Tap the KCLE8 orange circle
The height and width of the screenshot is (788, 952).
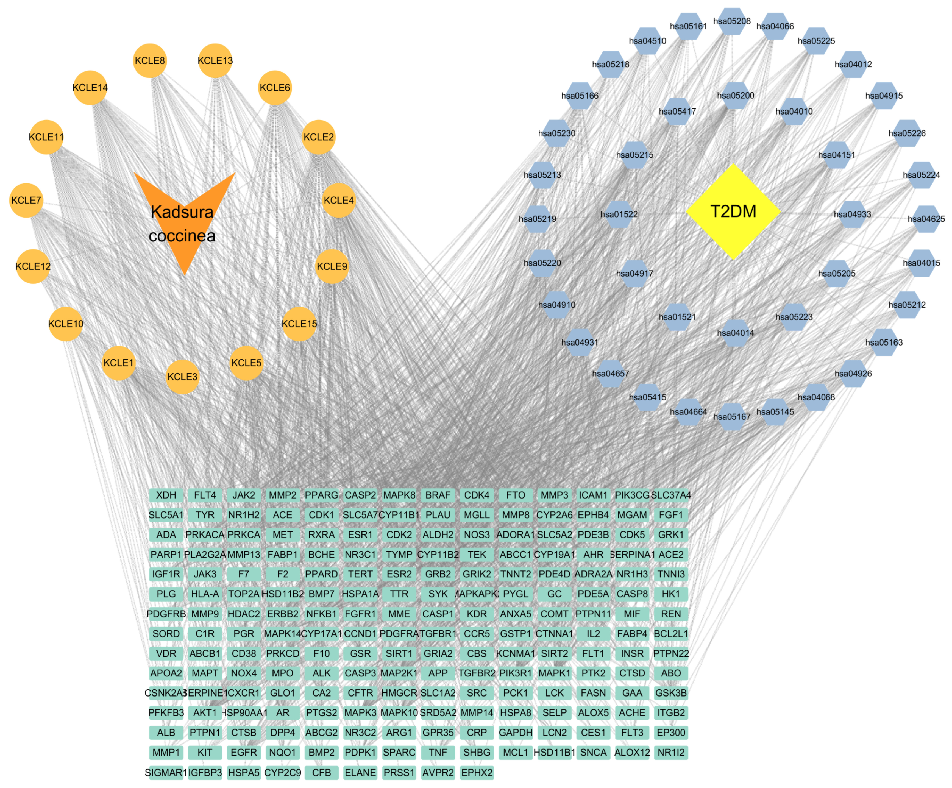pyautogui.click(x=150, y=61)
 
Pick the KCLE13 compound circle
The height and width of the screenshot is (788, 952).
pyautogui.click(x=215, y=61)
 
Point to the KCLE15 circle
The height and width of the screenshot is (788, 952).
pyautogui.click(x=299, y=324)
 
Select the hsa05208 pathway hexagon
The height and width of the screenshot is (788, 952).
pyautogui.click(x=732, y=21)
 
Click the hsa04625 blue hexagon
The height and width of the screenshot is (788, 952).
pyautogui.click(x=926, y=219)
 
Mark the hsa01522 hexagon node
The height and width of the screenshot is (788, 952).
pyautogui.click(x=619, y=214)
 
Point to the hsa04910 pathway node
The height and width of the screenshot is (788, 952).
pyautogui.click(x=557, y=305)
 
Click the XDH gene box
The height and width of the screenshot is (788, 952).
pyautogui.click(x=166, y=495)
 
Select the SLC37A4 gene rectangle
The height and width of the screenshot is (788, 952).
pyautogui.click(x=671, y=495)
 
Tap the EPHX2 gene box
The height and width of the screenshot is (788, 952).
pyautogui.click(x=477, y=773)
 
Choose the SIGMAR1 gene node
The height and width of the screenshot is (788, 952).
pyautogui.click(x=166, y=773)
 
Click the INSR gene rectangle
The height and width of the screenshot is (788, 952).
pyautogui.click(x=632, y=653)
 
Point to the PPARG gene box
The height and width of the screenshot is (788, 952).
pyautogui.click(x=321, y=495)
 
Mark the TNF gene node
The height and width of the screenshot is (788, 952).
pyautogui.click(x=438, y=753)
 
